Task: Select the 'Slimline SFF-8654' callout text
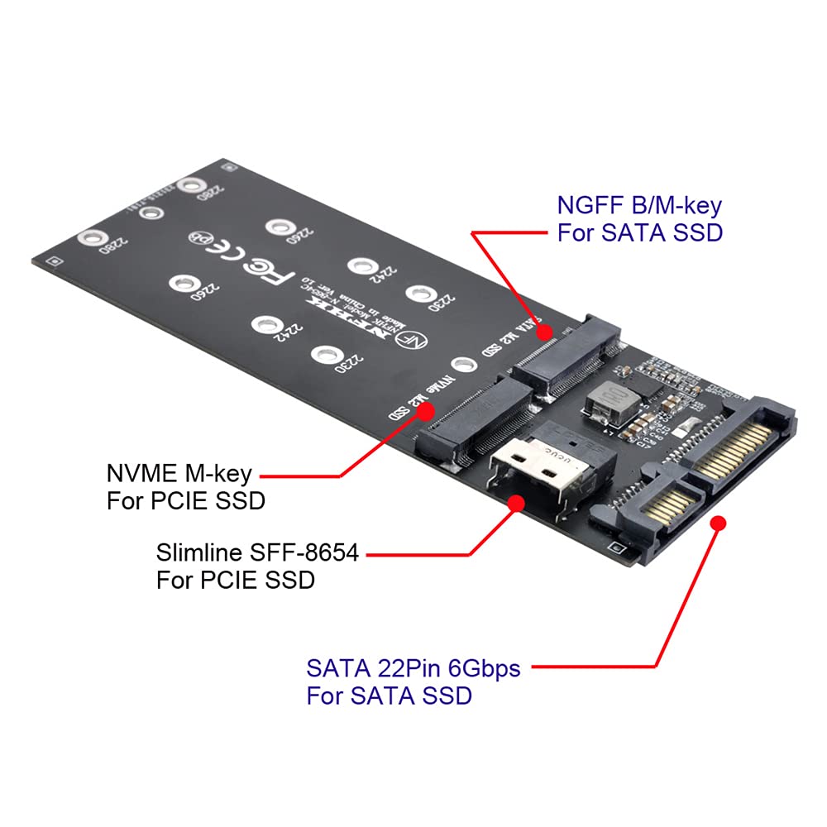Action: [257, 552]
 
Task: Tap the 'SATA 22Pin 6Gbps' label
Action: [413, 667]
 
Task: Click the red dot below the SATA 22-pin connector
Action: [718, 523]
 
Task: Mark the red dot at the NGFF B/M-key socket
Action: [544, 332]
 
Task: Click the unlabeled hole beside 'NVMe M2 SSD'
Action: [464, 364]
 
